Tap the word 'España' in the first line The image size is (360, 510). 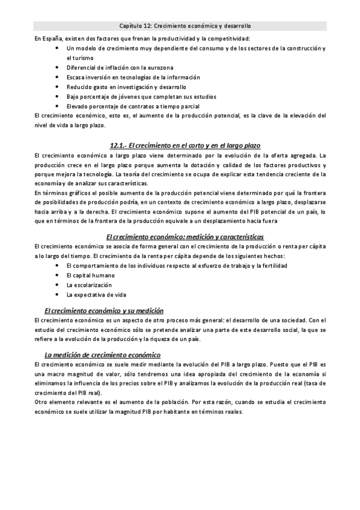click(50, 38)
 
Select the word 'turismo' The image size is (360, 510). click(76, 58)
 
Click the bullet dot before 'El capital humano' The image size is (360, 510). click(56, 275)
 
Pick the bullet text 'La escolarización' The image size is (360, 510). click(89, 284)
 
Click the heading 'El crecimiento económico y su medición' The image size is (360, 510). click(103, 310)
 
